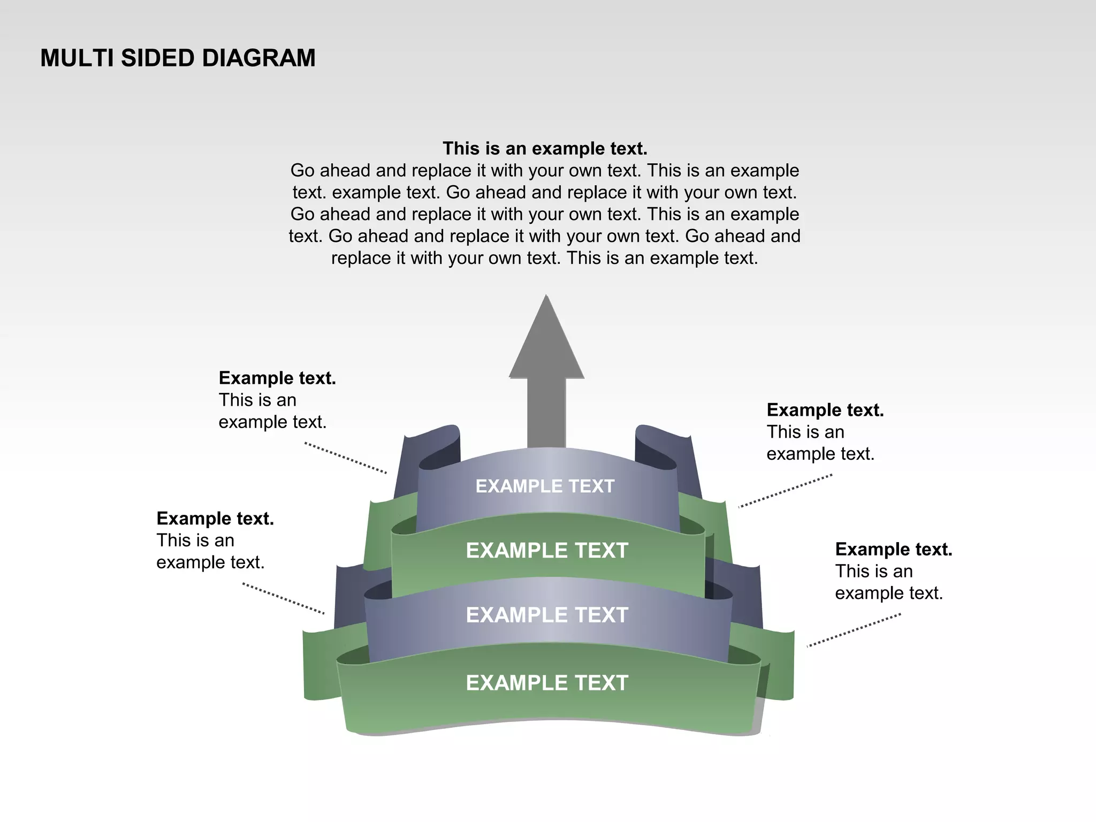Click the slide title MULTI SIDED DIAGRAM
click(x=178, y=58)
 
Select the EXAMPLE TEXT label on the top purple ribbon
click(x=545, y=486)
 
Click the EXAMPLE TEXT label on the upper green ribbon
click(x=546, y=551)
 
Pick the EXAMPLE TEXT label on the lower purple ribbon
click(x=546, y=615)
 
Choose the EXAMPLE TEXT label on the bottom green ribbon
click(x=546, y=683)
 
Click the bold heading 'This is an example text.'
click(x=545, y=148)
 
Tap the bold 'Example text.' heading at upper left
click(x=277, y=378)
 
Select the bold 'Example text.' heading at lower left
click(x=215, y=519)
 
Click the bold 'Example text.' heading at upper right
click(x=825, y=410)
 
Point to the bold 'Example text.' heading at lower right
click(x=894, y=550)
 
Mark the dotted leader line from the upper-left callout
click(x=346, y=458)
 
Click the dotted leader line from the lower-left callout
click(x=284, y=598)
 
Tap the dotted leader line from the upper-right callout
click(x=785, y=491)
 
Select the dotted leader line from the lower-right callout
click(x=854, y=630)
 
